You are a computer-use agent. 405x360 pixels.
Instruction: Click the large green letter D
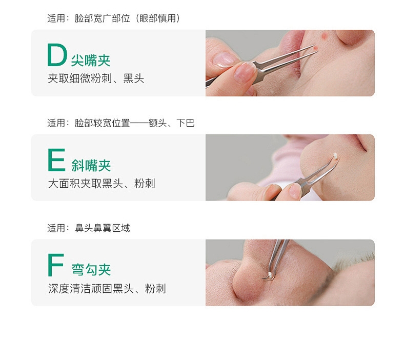57,55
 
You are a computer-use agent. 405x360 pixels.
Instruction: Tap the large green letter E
56,159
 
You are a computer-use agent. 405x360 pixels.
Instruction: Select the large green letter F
55,265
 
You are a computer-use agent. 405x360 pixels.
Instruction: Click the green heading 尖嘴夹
91,61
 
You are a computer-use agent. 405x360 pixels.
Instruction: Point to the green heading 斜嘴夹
91,166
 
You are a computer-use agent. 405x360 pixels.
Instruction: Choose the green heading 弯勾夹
91,270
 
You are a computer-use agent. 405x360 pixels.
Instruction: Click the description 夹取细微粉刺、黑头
96,78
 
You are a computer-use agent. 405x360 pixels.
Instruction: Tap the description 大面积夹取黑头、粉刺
102,184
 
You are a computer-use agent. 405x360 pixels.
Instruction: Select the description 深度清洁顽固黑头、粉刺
107,288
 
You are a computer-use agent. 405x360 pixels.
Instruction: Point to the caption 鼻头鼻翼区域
103,228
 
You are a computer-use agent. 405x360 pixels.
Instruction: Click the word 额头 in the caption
157,123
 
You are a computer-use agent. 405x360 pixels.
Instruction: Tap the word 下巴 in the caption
186,123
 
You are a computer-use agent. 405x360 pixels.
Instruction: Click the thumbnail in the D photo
224,59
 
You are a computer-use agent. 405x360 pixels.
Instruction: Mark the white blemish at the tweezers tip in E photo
335,155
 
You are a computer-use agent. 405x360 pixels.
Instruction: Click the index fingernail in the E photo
294,191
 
